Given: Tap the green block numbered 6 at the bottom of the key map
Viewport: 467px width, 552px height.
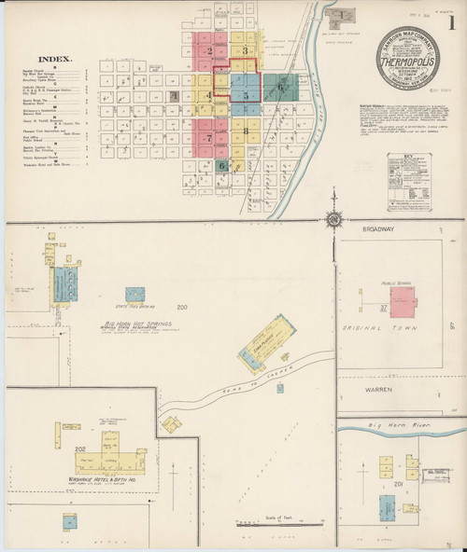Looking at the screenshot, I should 221,166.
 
